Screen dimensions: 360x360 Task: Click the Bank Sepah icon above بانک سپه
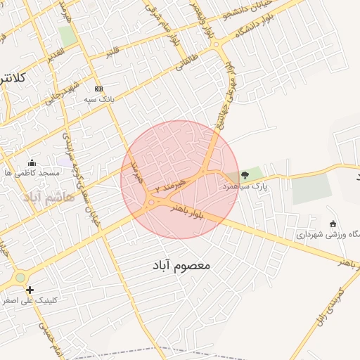98,89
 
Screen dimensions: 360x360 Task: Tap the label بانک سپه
100,100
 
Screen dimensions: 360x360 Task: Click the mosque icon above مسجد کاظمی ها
31,162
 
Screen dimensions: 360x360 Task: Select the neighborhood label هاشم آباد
48,196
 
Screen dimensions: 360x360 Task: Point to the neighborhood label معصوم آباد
181,266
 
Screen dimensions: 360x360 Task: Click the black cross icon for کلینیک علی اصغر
30,289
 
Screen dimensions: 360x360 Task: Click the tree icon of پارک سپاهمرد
245,174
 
